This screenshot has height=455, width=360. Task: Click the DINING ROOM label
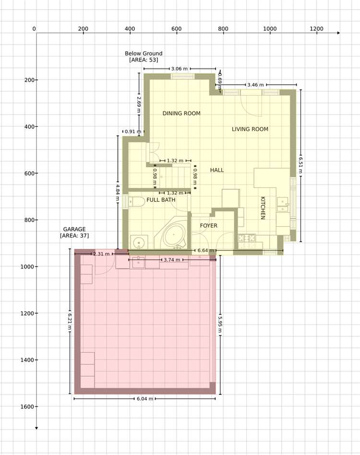181,113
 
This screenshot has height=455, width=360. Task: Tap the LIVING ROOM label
250,129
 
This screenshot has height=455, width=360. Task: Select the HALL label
217,170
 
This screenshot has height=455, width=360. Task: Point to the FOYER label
208,225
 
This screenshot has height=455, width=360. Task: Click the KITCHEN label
263,208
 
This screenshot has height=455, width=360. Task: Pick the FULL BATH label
161,200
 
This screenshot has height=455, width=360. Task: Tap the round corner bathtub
173,235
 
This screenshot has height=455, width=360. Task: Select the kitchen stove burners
247,238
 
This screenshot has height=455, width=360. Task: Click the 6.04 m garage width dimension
145,399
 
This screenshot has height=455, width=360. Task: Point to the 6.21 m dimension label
70,322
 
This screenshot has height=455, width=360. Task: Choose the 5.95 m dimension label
220,325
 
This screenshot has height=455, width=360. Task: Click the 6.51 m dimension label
300,165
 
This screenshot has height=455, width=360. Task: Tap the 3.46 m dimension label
256,85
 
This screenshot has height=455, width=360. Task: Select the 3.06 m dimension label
180,69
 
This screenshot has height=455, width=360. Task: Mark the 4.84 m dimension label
118,193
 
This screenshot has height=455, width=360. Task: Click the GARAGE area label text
74,232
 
